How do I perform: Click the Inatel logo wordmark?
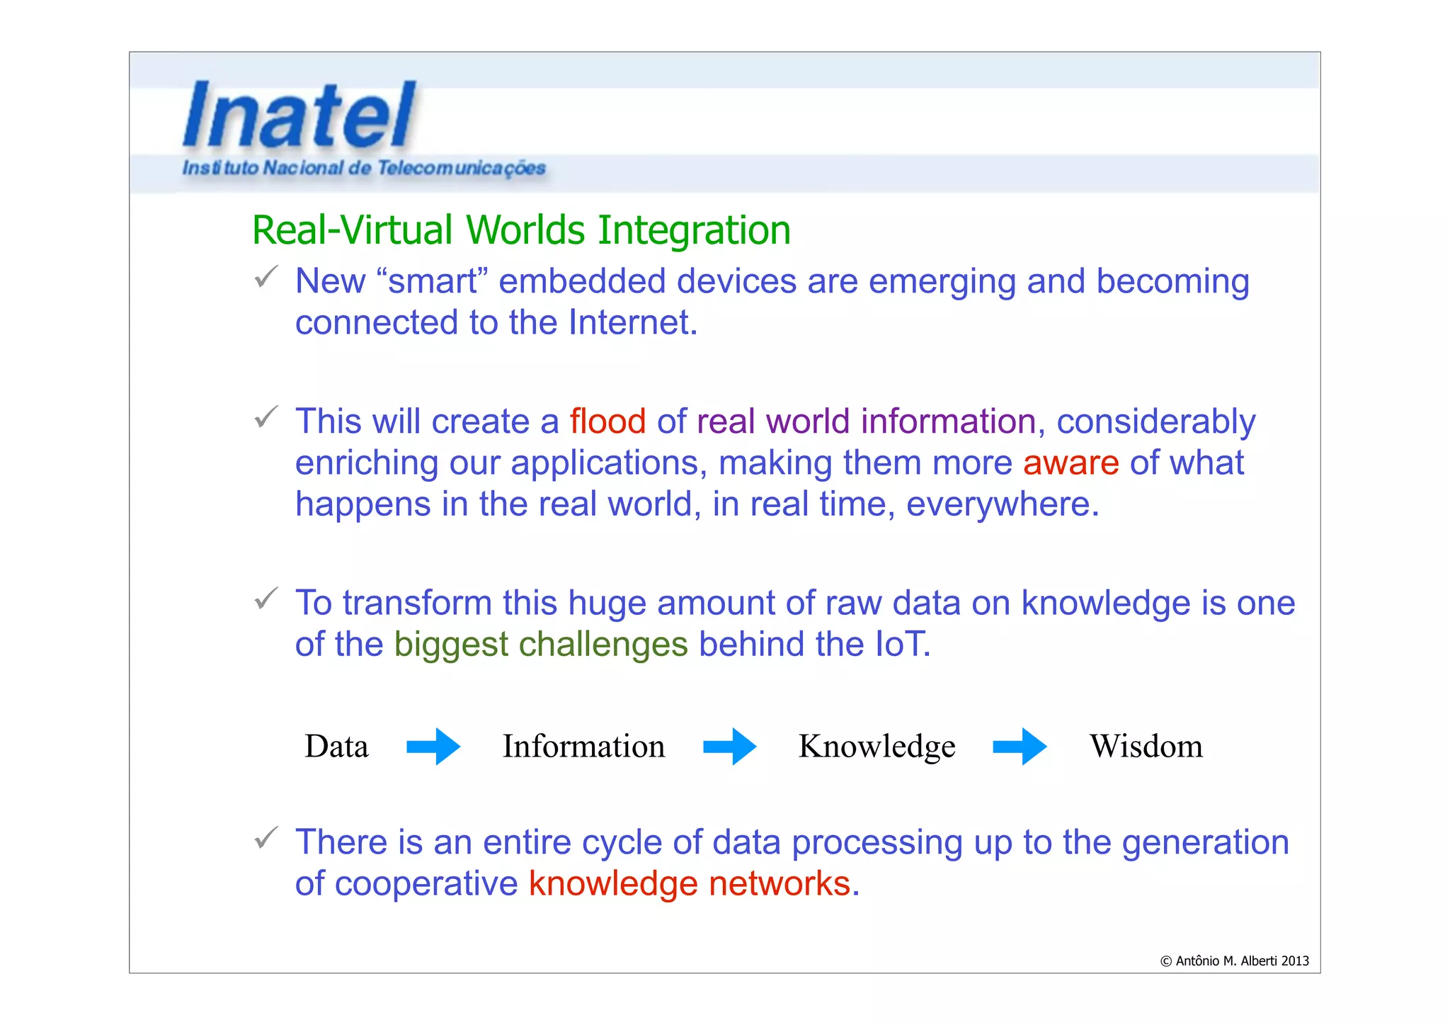click(x=300, y=115)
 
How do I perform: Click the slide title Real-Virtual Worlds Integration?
click(x=521, y=230)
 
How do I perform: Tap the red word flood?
click(x=607, y=421)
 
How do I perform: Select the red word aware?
click(x=1071, y=463)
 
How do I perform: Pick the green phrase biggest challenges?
click(x=540, y=644)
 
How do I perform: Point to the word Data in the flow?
click(x=336, y=746)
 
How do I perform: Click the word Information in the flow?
click(x=583, y=746)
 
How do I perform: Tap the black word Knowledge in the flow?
click(x=877, y=746)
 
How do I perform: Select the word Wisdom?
click(x=1146, y=746)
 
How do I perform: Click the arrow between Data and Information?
click(x=433, y=746)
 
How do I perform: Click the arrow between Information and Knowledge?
click(x=730, y=746)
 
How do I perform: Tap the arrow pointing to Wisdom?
click(x=1020, y=746)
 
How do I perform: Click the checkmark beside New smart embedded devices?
click(x=266, y=277)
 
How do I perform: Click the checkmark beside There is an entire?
click(x=266, y=838)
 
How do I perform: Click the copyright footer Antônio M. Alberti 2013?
click(x=1234, y=961)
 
